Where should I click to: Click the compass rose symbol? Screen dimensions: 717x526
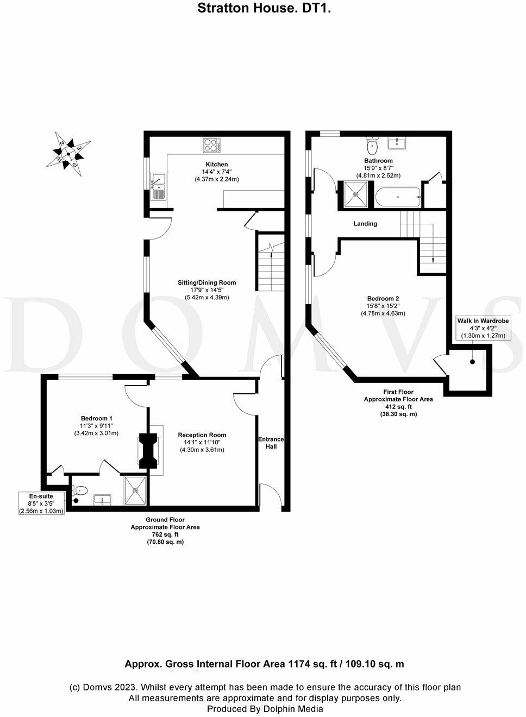(68, 153)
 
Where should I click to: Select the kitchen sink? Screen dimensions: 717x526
(158, 186)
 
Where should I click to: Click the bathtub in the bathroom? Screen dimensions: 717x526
(398, 197)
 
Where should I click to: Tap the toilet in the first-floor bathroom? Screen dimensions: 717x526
(373, 146)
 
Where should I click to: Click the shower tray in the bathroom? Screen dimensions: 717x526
(355, 195)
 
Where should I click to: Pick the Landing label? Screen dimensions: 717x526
(365, 224)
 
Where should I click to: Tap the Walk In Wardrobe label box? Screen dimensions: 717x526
(483, 328)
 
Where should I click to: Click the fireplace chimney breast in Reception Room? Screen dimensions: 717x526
(148, 450)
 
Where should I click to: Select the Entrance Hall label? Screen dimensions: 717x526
(271, 443)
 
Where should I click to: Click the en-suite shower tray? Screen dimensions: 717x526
(135, 490)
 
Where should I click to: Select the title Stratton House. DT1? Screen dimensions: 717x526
(264, 8)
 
